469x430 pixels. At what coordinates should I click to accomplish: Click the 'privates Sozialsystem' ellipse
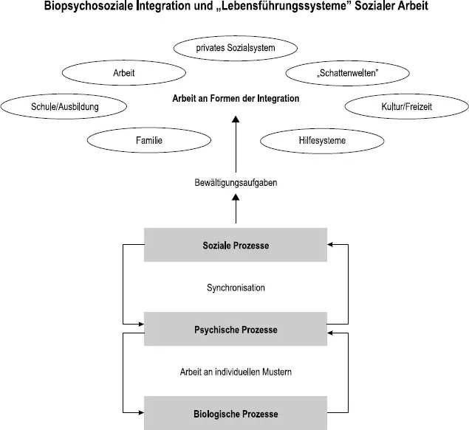pos(236,48)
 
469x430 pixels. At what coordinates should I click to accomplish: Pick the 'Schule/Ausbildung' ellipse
pos(64,107)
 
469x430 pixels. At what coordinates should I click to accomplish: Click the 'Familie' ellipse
pos(148,139)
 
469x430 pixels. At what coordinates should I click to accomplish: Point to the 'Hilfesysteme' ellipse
pos(322,139)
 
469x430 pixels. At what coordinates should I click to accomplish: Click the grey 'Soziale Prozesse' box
pos(235,245)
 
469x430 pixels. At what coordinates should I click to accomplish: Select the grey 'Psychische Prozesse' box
pos(235,329)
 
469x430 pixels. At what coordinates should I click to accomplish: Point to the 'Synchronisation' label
pos(236,288)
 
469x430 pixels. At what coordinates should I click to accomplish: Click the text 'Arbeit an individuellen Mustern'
pos(236,372)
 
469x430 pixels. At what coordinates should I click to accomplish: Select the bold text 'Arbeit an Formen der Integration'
pos(236,99)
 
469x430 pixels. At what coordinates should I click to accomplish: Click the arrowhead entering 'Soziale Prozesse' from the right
pos(331,245)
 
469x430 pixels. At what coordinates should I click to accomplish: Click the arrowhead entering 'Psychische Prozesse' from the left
pos(140,323)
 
